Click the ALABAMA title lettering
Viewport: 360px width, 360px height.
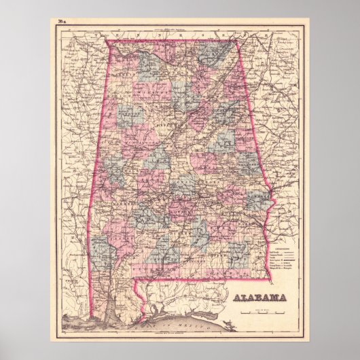tap(261, 297)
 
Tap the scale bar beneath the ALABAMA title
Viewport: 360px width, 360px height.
tap(261, 310)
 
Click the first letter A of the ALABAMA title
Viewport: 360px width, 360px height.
tap(237, 297)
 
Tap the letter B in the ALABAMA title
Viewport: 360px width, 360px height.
tap(261, 297)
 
